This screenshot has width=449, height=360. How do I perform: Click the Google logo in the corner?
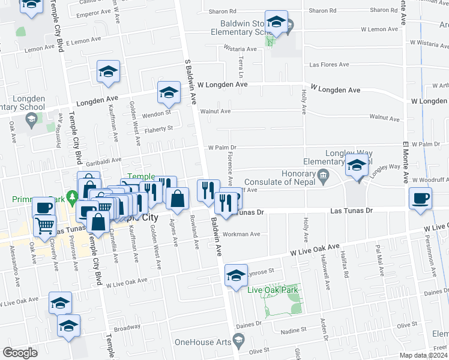coord(20,353)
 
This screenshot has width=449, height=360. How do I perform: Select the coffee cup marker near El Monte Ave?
coord(420,198)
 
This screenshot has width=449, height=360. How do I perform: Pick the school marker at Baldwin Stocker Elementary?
coord(276,23)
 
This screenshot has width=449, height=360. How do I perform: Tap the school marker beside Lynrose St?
coord(236,275)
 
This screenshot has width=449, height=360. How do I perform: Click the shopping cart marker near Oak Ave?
coord(44,225)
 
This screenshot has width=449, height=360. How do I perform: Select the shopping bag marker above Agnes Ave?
coord(178,199)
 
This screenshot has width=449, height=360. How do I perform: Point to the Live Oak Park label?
coord(273,290)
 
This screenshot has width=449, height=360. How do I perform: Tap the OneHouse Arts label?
coord(203,342)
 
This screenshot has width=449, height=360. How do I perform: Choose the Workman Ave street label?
coord(241,234)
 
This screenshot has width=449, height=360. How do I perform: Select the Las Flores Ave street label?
coord(329,64)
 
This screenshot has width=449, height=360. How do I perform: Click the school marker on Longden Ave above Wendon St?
coord(169,93)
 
